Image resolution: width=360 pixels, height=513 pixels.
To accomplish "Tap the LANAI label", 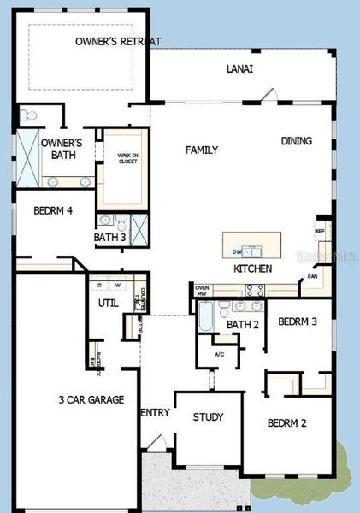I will coord(239,69).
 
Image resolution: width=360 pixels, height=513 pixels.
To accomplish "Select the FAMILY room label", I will coord(202,150).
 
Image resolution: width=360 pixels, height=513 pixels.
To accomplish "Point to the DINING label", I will coord(297,141).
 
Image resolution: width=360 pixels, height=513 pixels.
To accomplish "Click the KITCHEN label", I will coord(253,268).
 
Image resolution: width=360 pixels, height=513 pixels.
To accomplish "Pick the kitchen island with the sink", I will coord(253,245).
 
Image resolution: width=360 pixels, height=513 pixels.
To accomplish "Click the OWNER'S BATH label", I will coord(62,149).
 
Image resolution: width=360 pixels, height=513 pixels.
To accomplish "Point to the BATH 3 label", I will coord(109,237).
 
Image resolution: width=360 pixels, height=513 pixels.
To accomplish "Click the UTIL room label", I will coord(108,303).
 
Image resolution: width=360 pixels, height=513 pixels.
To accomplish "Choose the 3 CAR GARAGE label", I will coord(91,399).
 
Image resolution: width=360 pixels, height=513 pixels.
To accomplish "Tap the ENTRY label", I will coord(156,413).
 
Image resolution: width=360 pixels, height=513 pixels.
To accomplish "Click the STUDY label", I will coord(208,417).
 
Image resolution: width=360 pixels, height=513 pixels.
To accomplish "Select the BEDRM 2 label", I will coord(286,422).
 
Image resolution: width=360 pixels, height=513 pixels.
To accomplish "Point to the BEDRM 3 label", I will coord(298,321).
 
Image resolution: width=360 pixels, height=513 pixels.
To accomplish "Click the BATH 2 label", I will coord(243,324).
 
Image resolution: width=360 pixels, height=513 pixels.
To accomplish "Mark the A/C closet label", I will coord(219,354).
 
